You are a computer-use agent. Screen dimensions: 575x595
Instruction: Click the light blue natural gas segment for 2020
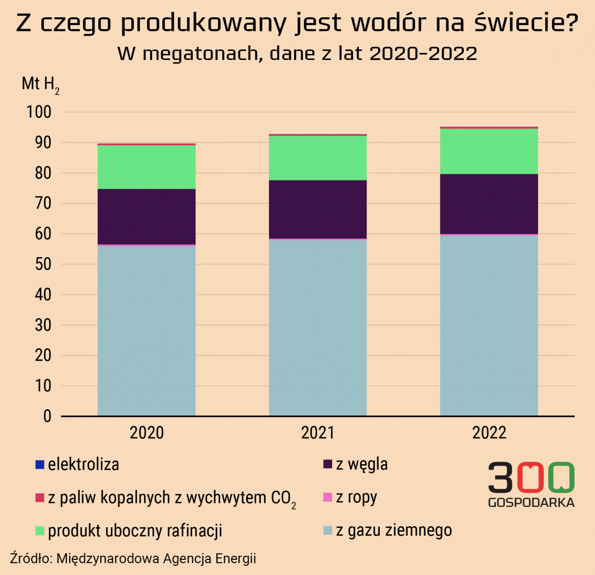point(146,330)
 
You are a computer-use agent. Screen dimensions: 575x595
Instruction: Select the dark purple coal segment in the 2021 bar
point(318,209)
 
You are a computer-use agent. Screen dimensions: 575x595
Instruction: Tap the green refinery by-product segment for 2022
point(489,151)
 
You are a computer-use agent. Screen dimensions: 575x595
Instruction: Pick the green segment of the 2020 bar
point(146,167)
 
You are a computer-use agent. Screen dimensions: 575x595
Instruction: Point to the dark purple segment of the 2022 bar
point(489,204)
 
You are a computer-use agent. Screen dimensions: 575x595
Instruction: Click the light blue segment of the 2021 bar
point(318,327)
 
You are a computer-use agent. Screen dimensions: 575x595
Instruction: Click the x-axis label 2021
point(318,433)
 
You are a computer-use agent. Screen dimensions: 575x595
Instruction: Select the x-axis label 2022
point(489,433)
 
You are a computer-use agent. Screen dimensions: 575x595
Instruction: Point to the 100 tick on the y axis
point(39,112)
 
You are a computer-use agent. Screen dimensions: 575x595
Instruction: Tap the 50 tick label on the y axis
point(43,264)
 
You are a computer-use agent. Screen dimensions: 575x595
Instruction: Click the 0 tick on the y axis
point(47,416)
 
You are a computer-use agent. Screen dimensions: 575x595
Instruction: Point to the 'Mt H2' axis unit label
point(40,84)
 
